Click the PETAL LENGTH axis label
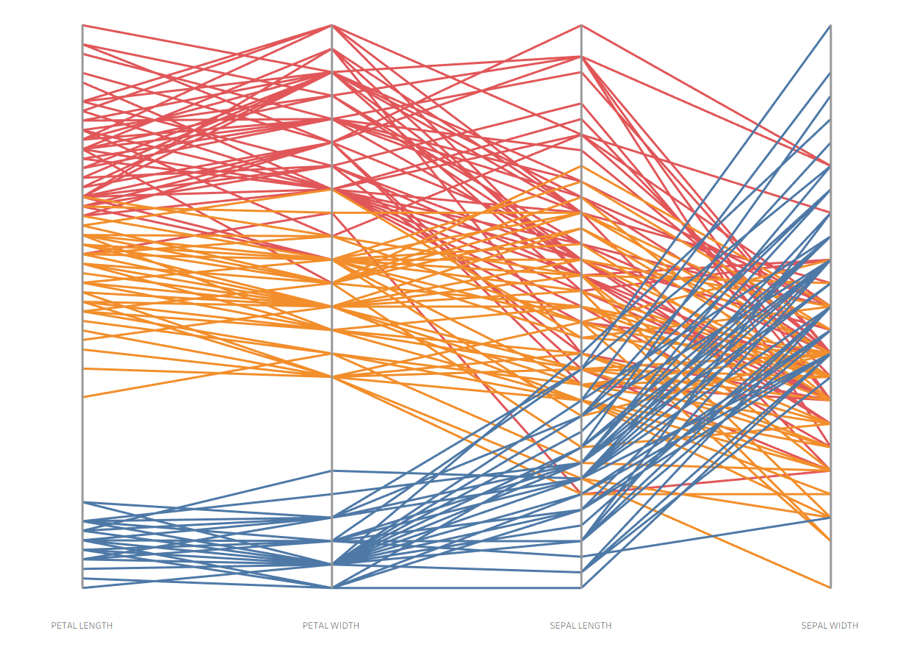point(82,626)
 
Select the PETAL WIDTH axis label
point(331,626)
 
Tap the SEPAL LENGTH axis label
point(580,626)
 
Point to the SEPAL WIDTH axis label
point(830,626)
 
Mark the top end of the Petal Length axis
point(82,25)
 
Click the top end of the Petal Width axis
point(332,26)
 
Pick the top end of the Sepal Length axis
point(581,26)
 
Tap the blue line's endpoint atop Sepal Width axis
point(830,26)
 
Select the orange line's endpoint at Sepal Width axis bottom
point(830,587)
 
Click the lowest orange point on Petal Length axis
point(82,397)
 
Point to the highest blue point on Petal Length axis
point(82,502)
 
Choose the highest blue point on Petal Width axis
point(332,471)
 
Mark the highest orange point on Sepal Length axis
point(581,167)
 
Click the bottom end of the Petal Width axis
point(332,587)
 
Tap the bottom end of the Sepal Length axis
point(581,587)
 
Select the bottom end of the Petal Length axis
point(82,587)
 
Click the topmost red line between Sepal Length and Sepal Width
point(705,95)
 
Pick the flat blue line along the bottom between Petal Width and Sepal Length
point(456,587)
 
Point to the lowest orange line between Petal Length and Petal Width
point(206,387)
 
